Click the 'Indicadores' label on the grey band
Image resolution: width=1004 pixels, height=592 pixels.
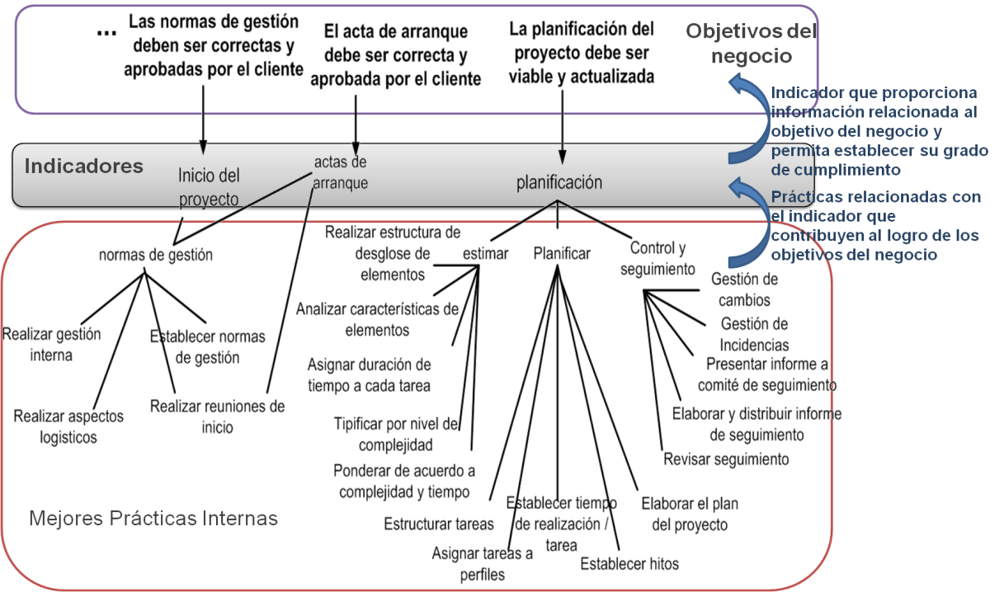pyautogui.click(x=83, y=166)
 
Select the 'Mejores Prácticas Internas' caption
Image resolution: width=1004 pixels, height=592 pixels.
pyautogui.click(x=153, y=519)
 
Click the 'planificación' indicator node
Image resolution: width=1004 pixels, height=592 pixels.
pyautogui.click(x=559, y=182)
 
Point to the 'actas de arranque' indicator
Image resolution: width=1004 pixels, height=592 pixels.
pyautogui.click(x=340, y=172)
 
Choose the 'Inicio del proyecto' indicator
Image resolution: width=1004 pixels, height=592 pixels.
pyautogui.click(x=209, y=187)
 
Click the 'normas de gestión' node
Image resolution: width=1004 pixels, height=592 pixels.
pyautogui.click(x=155, y=255)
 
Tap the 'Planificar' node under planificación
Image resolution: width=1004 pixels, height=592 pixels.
pyautogui.click(x=562, y=253)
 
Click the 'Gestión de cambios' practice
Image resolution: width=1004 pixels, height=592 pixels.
pyautogui.click(x=744, y=289)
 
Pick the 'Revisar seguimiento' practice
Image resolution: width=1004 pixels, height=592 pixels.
pyautogui.click(x=727, y=459)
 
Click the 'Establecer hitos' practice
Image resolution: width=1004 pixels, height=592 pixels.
pyautogui.click(x=629, y=564)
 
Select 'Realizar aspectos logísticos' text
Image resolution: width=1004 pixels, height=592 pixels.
pyautogui.click(x=68, y=426)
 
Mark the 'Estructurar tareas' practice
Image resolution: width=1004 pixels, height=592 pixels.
pyautogui.click(x=439, y=524)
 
